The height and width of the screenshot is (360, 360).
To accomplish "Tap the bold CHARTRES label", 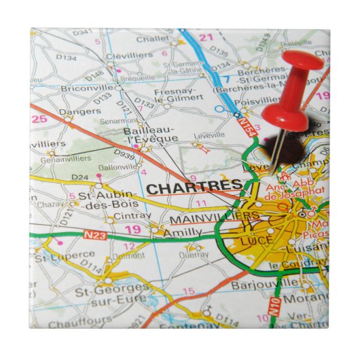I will coord(194,186).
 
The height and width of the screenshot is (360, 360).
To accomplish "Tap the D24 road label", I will coord(80,177).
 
